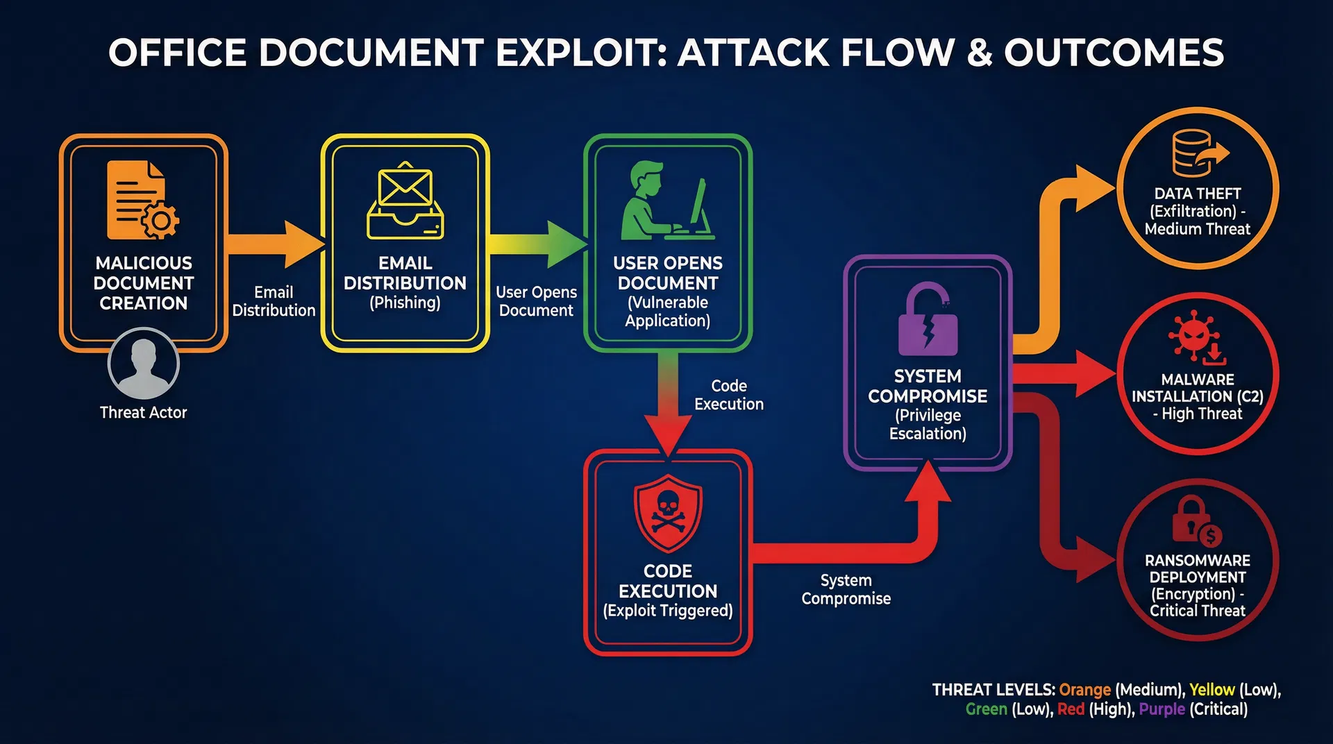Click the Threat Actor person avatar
coord(144,364)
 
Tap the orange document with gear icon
coord(142,201)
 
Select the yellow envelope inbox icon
coord(405,202)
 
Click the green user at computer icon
coord(667,201)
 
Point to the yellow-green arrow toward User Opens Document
coord(537,244)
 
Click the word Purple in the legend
coord(1162,709)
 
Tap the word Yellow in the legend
coord(1212,690)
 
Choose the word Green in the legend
coord(986,709)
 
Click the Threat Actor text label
coord(144,413)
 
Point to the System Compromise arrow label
coord(846,589)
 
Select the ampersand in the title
coord(979,53)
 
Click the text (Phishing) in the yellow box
coord(405,303)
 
